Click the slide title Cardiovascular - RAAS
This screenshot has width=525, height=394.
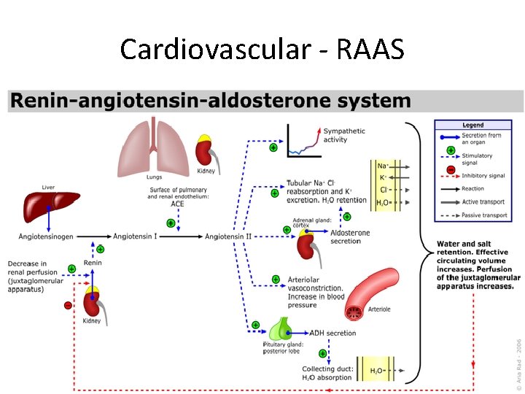(262, 50)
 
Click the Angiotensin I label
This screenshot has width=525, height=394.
(136, 236)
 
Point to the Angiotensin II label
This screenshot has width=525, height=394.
(229, 236)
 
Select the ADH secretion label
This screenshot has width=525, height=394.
(332, 333)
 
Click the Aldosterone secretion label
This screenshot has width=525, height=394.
(350, 237)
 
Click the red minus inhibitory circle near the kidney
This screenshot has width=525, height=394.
(68, 306)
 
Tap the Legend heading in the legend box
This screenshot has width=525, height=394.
(472, 125)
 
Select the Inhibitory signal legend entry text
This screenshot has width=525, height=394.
(483, 176)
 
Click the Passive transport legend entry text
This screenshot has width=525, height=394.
(483, 215)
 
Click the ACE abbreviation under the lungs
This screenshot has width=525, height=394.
(177, 204)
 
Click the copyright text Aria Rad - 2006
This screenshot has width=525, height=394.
(518, 360)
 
